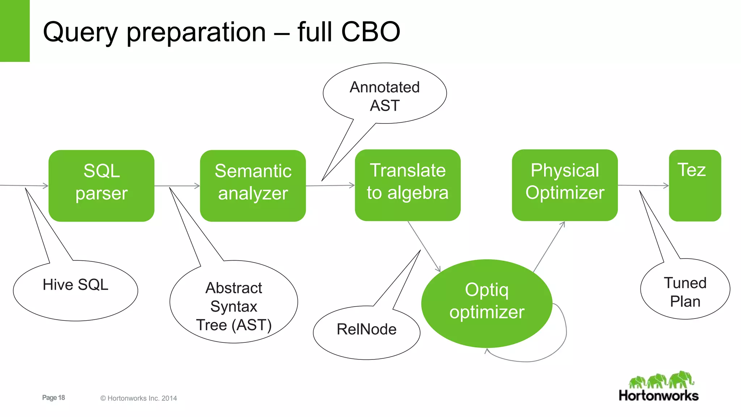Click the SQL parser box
click(101, 186)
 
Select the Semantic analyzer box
click(253, 186)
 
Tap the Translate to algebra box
click(407, 185)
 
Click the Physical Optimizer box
click(564, 185)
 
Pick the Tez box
click(695, 186)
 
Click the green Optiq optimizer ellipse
click(487, 303)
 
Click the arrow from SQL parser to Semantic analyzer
click(177, 186)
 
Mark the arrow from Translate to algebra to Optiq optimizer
click(424, 246)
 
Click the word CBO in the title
click(370, 32)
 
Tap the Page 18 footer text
click(54, 397)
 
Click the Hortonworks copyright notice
click(139, 398)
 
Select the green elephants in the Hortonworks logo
click(661, 380)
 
